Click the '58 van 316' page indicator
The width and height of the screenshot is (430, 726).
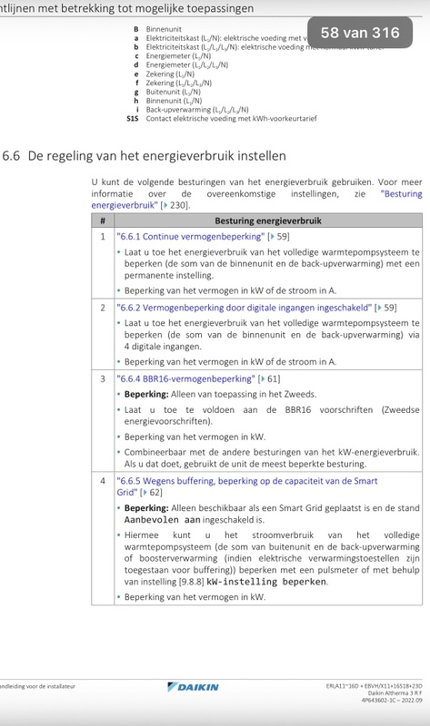360,33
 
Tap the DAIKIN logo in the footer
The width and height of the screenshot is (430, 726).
189,687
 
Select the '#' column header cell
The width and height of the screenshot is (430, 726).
103,221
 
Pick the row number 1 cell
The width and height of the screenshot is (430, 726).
103,236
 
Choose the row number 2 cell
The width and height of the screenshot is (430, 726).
103,308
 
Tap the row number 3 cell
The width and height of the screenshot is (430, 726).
103,378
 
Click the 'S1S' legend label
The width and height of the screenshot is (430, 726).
133,118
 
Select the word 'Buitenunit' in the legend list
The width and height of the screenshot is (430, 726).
164,92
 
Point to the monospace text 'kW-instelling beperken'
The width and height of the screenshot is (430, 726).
266,581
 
